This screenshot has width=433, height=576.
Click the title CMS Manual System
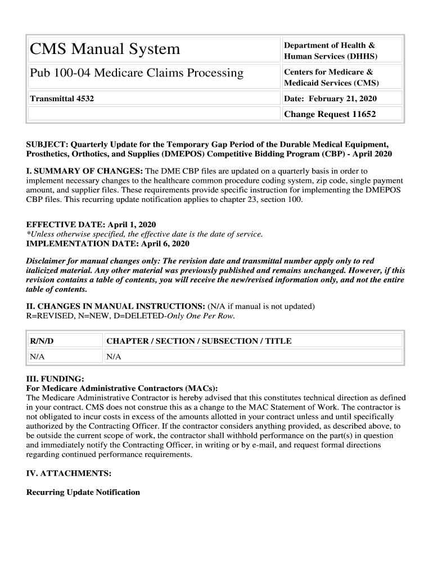(105, 49)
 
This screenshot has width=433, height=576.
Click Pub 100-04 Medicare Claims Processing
(137, 73)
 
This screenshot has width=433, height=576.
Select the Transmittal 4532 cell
(62, 99)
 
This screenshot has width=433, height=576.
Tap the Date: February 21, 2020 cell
(330, 99)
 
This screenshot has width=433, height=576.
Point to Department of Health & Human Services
(330, 51)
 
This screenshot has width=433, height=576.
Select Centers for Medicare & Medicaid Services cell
(331, 78)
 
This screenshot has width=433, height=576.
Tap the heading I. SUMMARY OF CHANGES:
(85, 171)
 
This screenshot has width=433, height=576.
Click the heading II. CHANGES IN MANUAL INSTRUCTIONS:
(116, 307)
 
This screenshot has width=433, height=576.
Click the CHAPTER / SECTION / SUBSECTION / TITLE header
(199, 341)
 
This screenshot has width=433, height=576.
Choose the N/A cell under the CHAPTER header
(114, 357)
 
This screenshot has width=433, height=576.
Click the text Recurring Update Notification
(83, 492)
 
